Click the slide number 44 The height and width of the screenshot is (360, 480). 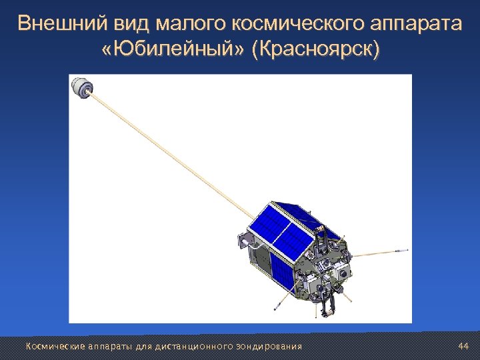[x=464, y=346]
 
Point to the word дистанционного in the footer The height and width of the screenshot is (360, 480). [x=193, y=346]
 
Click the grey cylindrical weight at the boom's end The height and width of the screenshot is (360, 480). [x=81, y=87]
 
